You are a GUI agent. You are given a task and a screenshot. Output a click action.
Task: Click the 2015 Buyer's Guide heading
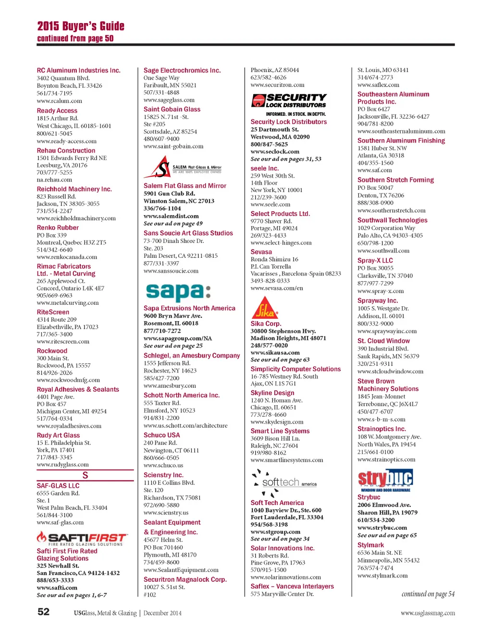[81, 26]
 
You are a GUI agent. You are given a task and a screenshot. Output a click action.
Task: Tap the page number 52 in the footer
[43, 612]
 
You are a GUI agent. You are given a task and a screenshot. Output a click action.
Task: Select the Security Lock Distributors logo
[289, 101]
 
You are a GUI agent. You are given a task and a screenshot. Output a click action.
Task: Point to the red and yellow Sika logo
[265, 308]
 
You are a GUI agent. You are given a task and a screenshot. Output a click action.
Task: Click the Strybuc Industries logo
[385, 480]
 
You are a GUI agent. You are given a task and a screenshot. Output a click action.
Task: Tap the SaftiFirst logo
[82, 538]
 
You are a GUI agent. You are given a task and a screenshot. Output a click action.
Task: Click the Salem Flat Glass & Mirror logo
[183, 167]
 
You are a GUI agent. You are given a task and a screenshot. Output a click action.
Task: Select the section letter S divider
[85, 475]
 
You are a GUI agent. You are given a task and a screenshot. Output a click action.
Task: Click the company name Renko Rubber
[58, 228]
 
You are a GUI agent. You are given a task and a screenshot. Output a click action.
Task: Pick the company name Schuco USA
[161, 435]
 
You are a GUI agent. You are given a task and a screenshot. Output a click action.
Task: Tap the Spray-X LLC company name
[375, 260]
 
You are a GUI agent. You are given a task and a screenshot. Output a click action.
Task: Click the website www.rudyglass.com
[62, 465]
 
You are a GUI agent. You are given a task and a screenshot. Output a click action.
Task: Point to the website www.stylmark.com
[382, 576]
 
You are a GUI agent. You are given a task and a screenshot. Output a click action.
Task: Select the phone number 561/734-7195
[54, 93]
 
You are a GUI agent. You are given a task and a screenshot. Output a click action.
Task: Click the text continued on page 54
[428, 594]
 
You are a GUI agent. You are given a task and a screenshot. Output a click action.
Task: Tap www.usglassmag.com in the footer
[428, 613]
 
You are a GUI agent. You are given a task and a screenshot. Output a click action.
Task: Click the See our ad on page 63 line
[280, 360]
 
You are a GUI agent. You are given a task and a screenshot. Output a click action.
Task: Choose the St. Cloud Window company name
[383, 341]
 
